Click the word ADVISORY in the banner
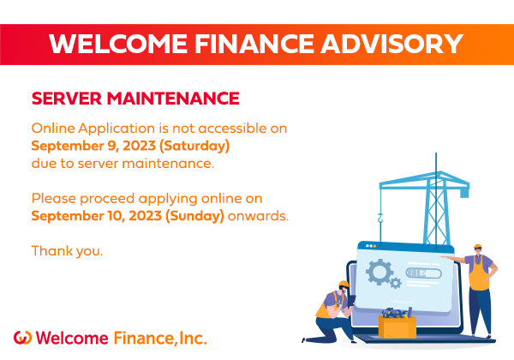(391, 44)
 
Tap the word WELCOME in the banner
(118, 44)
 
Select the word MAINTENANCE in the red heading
(173, 99)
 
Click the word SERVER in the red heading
(67, 99)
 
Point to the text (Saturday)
(194, 146)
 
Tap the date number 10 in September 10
(115, 216)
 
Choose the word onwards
(258, 216)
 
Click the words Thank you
(67, 251)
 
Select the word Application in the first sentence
(117, 129)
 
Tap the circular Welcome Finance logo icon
(22, 338)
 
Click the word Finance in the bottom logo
(144, 338)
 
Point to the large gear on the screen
(380, 272)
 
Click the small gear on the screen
(396, 283)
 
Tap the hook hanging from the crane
(380, 218)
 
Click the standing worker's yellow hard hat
(478, 247)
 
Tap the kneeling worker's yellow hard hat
(344, 284)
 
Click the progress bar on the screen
(423, 273)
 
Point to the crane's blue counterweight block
(464, 193)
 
